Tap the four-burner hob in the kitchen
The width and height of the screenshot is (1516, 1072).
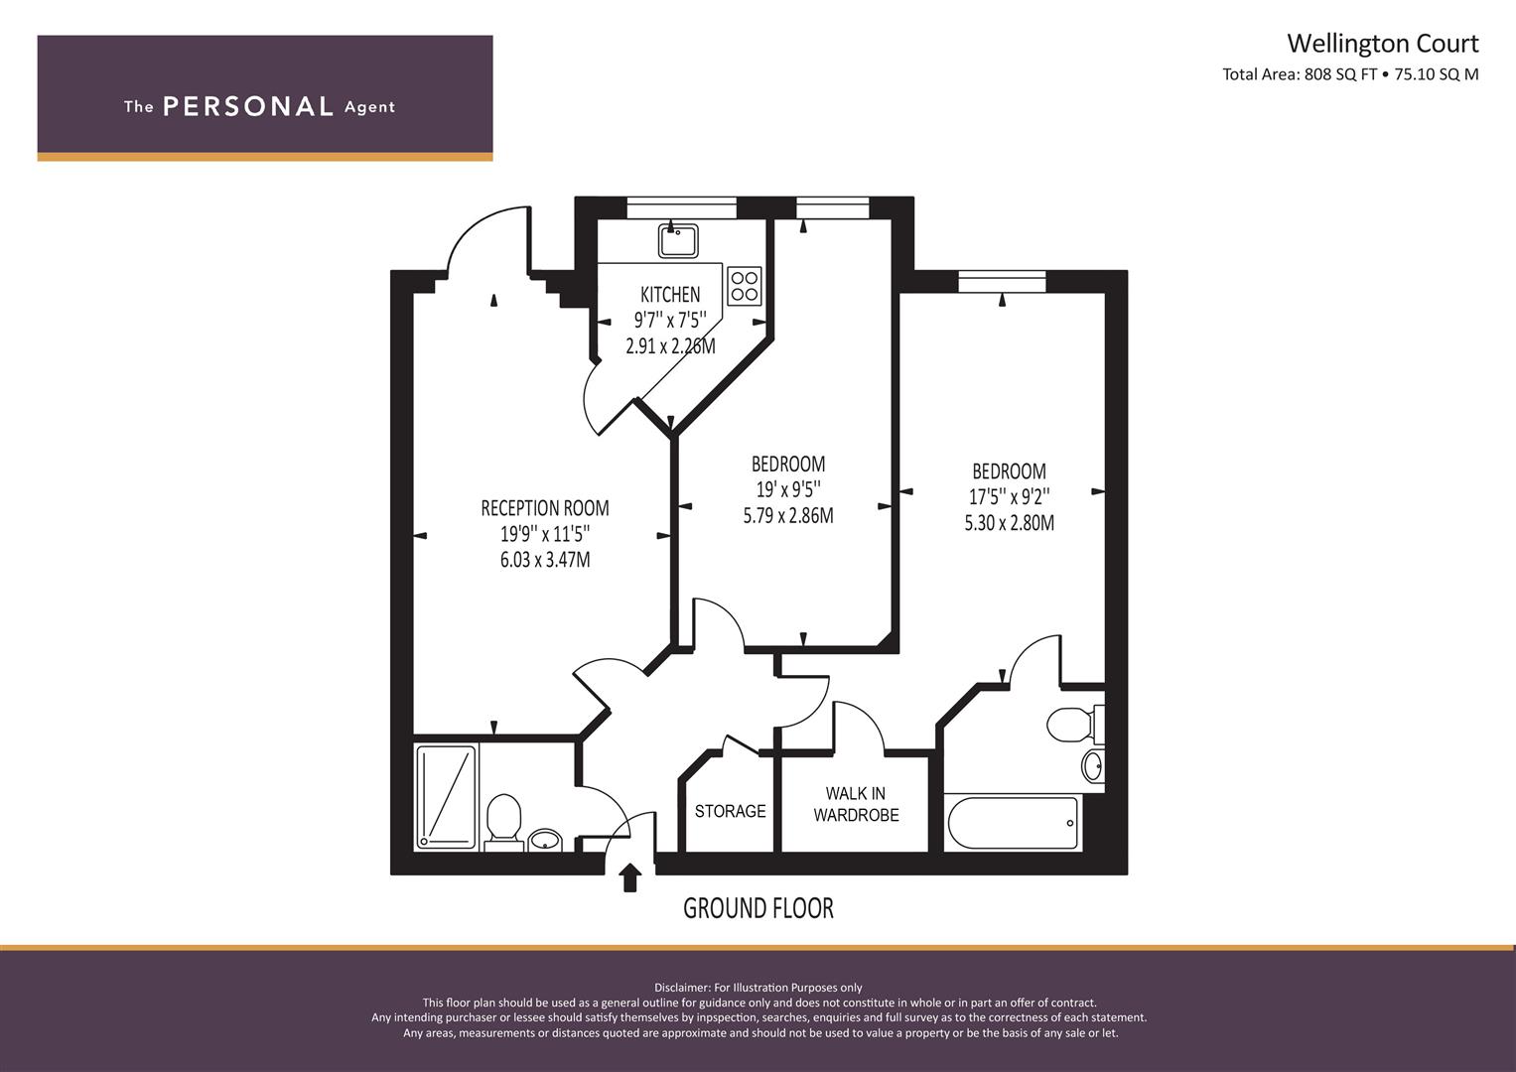[x=745, y=286]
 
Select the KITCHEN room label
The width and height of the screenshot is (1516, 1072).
[x=670, y=295]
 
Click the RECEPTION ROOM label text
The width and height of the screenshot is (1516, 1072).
[x=545, y=508]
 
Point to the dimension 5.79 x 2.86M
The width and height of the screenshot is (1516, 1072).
[x=788, y=516]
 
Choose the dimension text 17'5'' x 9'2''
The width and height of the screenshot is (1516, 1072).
[x=1010, y=496]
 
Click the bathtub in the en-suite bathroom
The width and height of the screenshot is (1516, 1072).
[x=1013, y=823]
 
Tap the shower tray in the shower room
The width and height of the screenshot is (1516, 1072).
[x=446, y=796]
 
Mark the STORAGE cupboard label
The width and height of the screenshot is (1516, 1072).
[x=730, y=811]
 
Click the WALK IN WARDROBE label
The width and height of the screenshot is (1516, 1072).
[x=856, y=804]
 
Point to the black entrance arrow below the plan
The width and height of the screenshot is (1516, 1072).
[x=629, y=877]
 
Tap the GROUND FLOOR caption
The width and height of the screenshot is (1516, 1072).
[x=758, y=907]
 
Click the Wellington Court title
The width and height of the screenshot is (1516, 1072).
[x=1382, y=44]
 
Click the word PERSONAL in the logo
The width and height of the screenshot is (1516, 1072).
[x=248, y=106]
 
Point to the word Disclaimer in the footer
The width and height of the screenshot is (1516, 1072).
[x=681, y=987]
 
